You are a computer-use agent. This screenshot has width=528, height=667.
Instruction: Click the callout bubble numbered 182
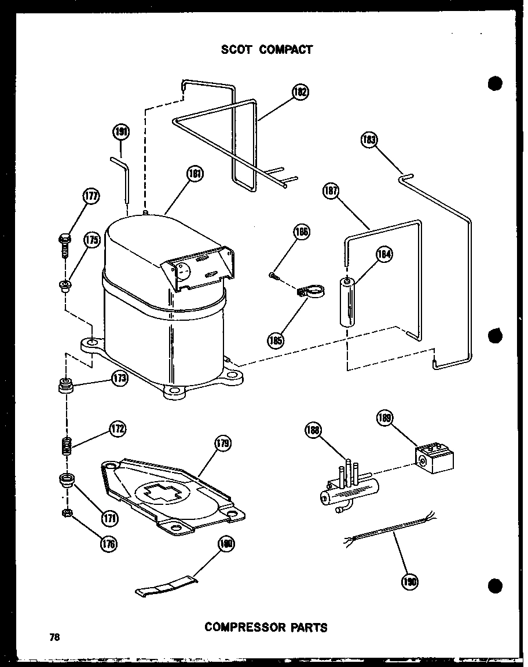tap(300, 93)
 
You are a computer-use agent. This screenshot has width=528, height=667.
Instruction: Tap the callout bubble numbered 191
tap(120, 132)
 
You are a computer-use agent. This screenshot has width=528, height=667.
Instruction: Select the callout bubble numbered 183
tap(368, 141)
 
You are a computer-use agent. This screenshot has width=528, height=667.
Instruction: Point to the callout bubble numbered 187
tap(331, 192)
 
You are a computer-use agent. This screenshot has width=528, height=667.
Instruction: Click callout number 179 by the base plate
tap(223, 445)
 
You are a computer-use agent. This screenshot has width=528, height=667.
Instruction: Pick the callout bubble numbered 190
tap(409, 581)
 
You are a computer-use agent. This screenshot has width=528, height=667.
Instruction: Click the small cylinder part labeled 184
tap(347, 303)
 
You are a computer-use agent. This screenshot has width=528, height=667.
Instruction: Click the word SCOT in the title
tap(236, 49)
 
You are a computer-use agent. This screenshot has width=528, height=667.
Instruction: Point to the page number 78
tap(54, 637)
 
